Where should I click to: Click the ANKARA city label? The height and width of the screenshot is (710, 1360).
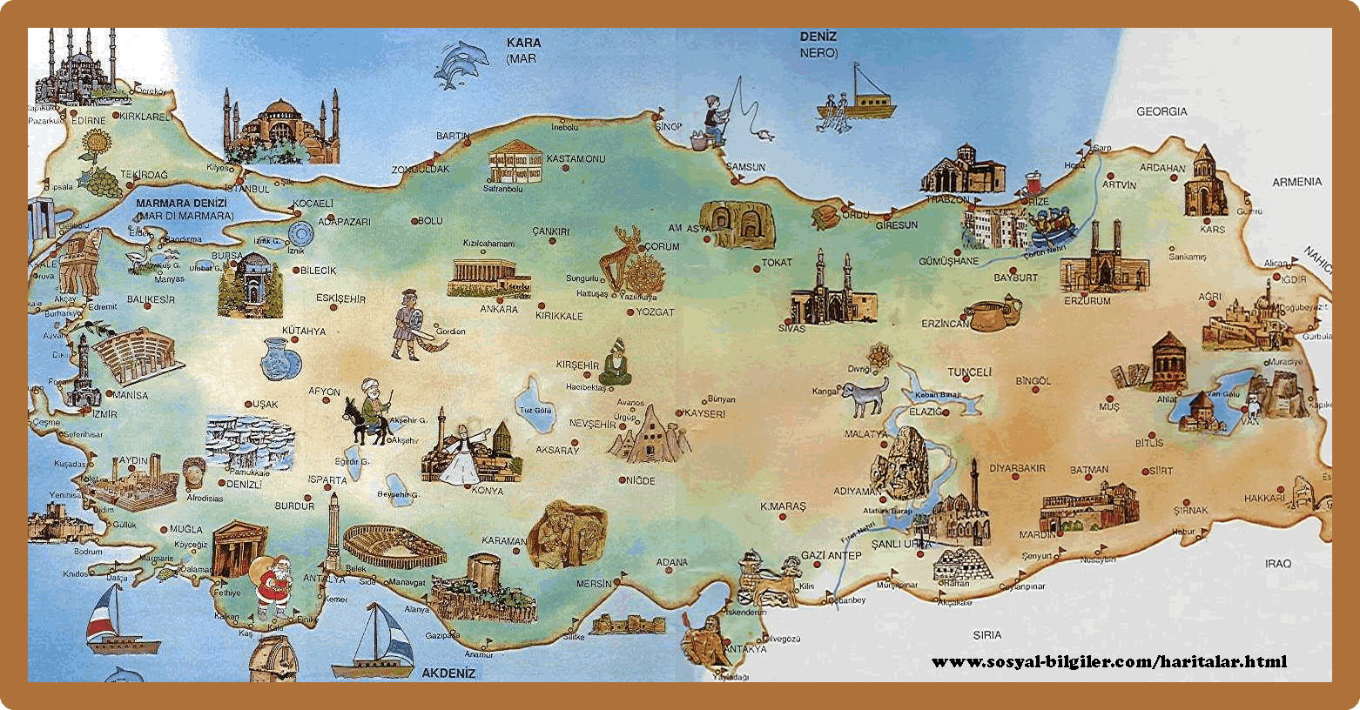tap(499, 309)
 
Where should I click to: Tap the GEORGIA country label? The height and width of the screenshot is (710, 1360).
tap(1161, 111)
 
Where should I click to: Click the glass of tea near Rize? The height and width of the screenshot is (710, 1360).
tap(1034, 184)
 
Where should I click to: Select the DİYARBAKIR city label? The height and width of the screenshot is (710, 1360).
tap(1017, 468)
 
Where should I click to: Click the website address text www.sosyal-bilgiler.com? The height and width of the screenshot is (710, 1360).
tap(1108, 662)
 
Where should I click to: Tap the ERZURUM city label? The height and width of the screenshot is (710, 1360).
tap(1087, 301)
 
